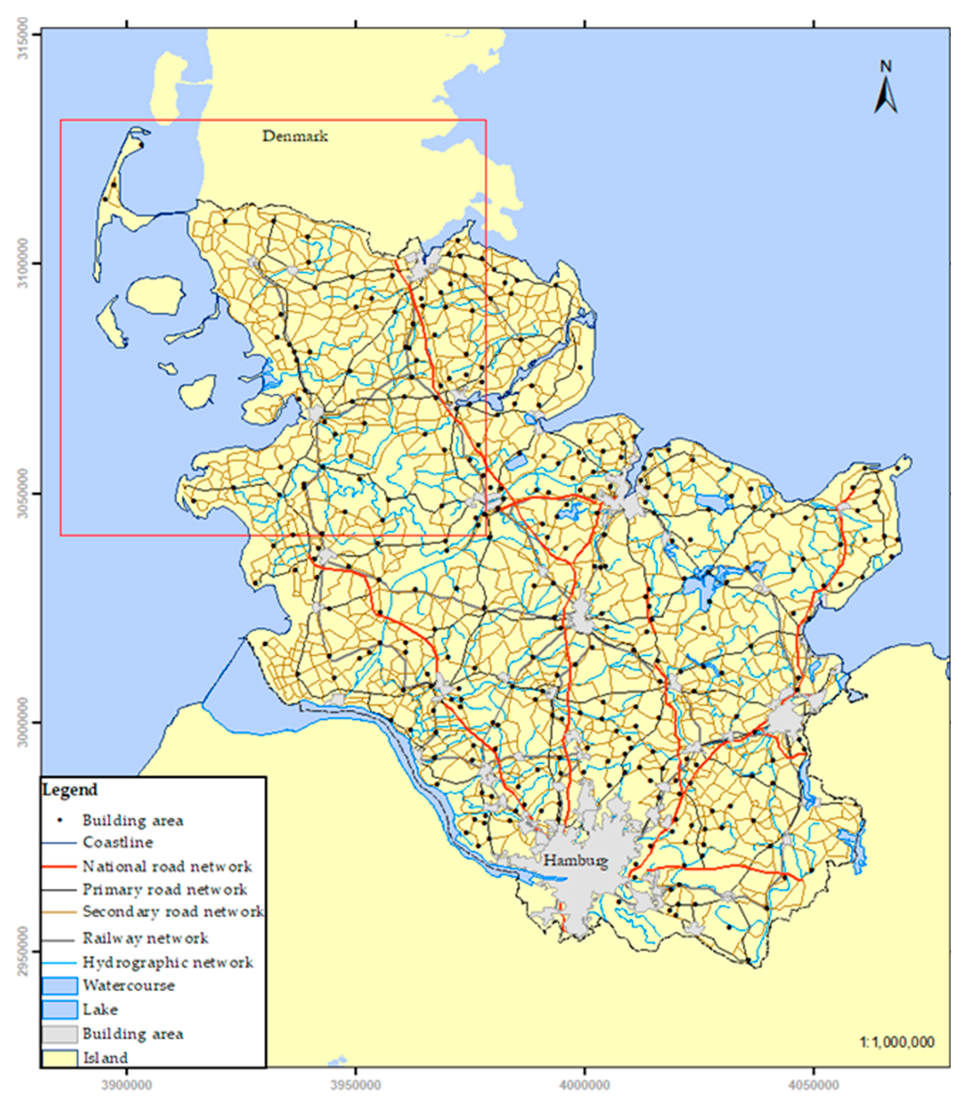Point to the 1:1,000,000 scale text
pyautogui.click(x=897, y=1042)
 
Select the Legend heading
pyautogui.click(x=70, y=790)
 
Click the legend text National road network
pyautogui.click(x=167, y=867)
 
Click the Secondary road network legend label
pyautogui.click(x=172, y=912)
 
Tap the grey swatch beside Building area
pyautogui.click(x=60, y=1034)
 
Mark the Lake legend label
pyautogui.click(x=100, y=1010)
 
